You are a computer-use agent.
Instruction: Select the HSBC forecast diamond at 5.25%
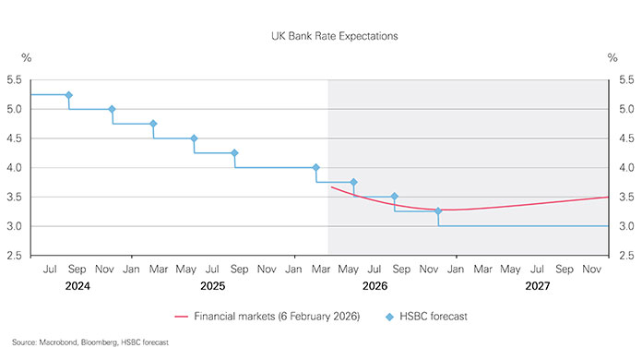click(68, 95)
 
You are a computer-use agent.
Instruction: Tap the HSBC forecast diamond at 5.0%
click(112, 109)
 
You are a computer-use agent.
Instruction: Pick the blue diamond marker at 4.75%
click(153, 124)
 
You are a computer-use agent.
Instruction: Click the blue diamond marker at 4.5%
click(194, 138)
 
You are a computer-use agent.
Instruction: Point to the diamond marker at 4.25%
click(234, 153)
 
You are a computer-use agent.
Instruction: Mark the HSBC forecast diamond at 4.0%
click(316, 168)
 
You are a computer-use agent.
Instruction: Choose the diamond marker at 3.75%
click(353, 182)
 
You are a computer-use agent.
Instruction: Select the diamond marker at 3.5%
click(394, 197)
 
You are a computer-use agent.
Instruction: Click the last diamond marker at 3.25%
click(438, 211)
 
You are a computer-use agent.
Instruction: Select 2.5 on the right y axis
click(626, 256)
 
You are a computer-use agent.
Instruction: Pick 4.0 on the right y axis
click(626, 168)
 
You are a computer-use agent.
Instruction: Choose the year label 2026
click(374, 286)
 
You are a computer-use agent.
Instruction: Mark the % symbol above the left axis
click(27, 57)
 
